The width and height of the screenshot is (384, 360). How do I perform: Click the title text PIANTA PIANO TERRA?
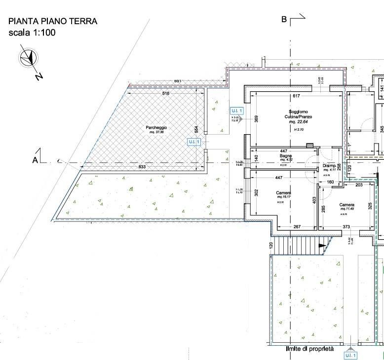coord(53,21)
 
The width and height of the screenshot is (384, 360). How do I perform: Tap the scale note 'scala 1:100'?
coord(32,33)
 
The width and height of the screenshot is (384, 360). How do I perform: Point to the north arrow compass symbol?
coord(30,58)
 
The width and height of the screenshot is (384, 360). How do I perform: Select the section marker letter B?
coord(284,20)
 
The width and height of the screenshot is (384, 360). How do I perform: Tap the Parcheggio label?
coord(155,128)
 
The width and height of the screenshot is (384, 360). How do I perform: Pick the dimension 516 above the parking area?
coord(165,93)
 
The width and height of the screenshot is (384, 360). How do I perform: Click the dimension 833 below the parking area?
coord(142,168)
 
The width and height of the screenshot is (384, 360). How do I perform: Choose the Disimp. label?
coord(329,166)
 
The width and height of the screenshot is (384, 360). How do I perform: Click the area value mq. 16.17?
coord(283,197)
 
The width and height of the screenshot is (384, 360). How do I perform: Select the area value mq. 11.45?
coord(347,209)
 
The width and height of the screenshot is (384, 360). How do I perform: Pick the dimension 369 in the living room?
coord(256,119)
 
